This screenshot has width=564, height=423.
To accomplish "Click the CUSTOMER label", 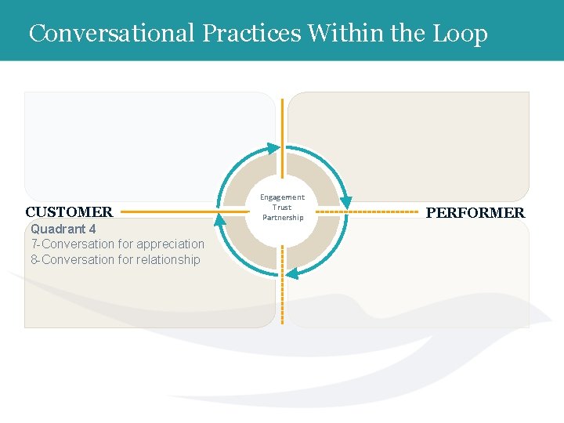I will point(69,212).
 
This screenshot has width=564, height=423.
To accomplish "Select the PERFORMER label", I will point(475,213).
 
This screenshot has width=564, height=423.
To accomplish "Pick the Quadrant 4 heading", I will point(63,230).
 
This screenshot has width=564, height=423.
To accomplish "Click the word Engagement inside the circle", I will point(282,197).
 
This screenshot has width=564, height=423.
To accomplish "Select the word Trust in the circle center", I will point(282,208).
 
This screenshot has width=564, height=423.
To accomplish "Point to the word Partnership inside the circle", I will point(282,218).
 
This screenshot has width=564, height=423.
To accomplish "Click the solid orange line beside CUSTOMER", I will point(168,211).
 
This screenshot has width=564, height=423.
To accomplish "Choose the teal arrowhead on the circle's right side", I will point(345,202).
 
